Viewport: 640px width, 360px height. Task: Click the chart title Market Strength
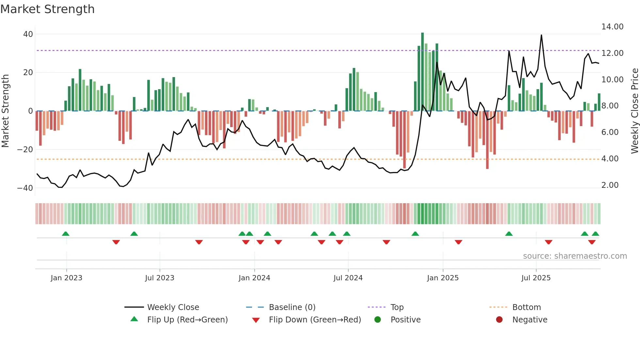pos(47,9)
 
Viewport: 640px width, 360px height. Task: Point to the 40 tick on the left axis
pos(28,34)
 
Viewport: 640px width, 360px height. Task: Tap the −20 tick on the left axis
pos(25,150)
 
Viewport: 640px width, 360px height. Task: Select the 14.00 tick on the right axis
pos(612,27)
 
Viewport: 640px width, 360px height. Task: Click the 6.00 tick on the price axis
pos(610,132)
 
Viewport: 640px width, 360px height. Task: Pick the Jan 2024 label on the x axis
pos(254,278)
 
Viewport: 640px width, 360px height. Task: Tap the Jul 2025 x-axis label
pos(536,278)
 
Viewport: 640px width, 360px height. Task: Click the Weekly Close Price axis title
pos(634,111)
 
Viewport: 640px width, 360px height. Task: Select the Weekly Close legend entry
pos(173,307)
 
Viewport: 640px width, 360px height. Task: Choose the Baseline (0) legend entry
pos(292,307)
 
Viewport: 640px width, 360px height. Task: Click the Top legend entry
pos(397,307)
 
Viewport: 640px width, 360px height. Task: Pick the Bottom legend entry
pos(526,307)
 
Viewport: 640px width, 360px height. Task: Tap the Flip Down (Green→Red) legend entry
pos(315,320)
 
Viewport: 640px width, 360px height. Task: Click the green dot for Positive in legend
pos(377,320)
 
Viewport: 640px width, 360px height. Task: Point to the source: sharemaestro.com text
pos(575,256)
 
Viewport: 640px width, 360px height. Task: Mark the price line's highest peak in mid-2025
pos(541,35)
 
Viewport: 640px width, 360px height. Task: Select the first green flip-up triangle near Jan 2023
pos(66,234)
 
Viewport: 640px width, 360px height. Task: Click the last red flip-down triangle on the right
pos(592,242)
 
